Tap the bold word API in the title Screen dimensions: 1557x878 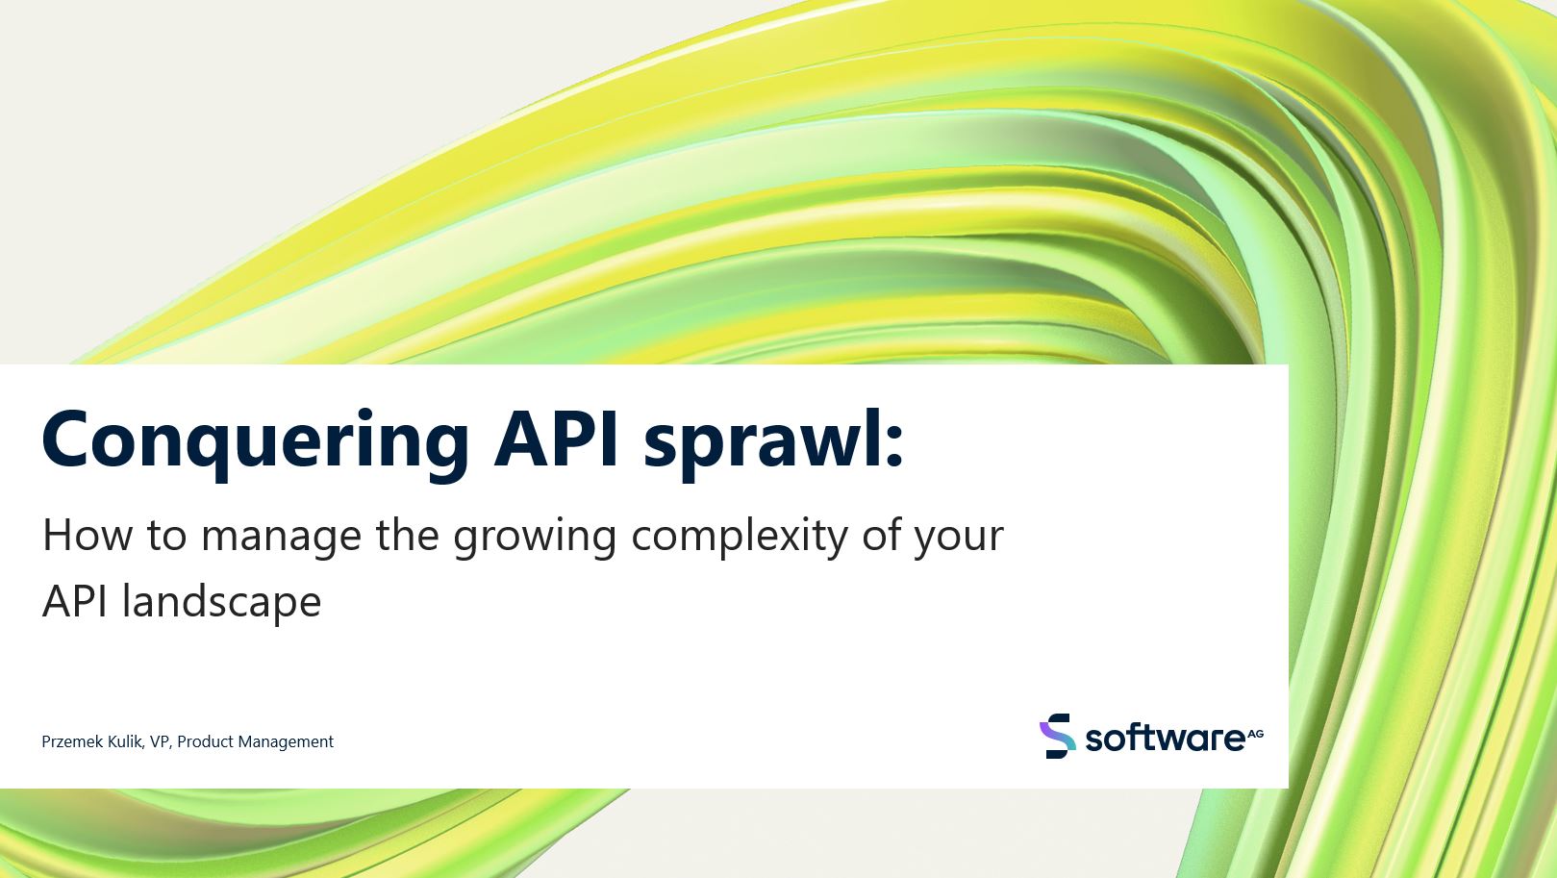556,439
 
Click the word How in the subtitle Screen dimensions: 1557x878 87,536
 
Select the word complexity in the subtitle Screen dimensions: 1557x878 740,539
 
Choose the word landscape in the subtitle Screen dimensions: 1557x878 222,602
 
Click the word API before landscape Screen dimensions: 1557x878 75,601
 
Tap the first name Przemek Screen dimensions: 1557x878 72,741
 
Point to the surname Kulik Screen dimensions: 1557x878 126,741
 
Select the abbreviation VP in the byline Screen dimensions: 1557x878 161,741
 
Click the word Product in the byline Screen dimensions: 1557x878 205,741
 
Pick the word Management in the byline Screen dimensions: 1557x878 286,742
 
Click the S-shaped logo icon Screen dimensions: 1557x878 1057,736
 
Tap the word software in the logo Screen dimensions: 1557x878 1165,738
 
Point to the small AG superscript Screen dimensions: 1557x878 1255,734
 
